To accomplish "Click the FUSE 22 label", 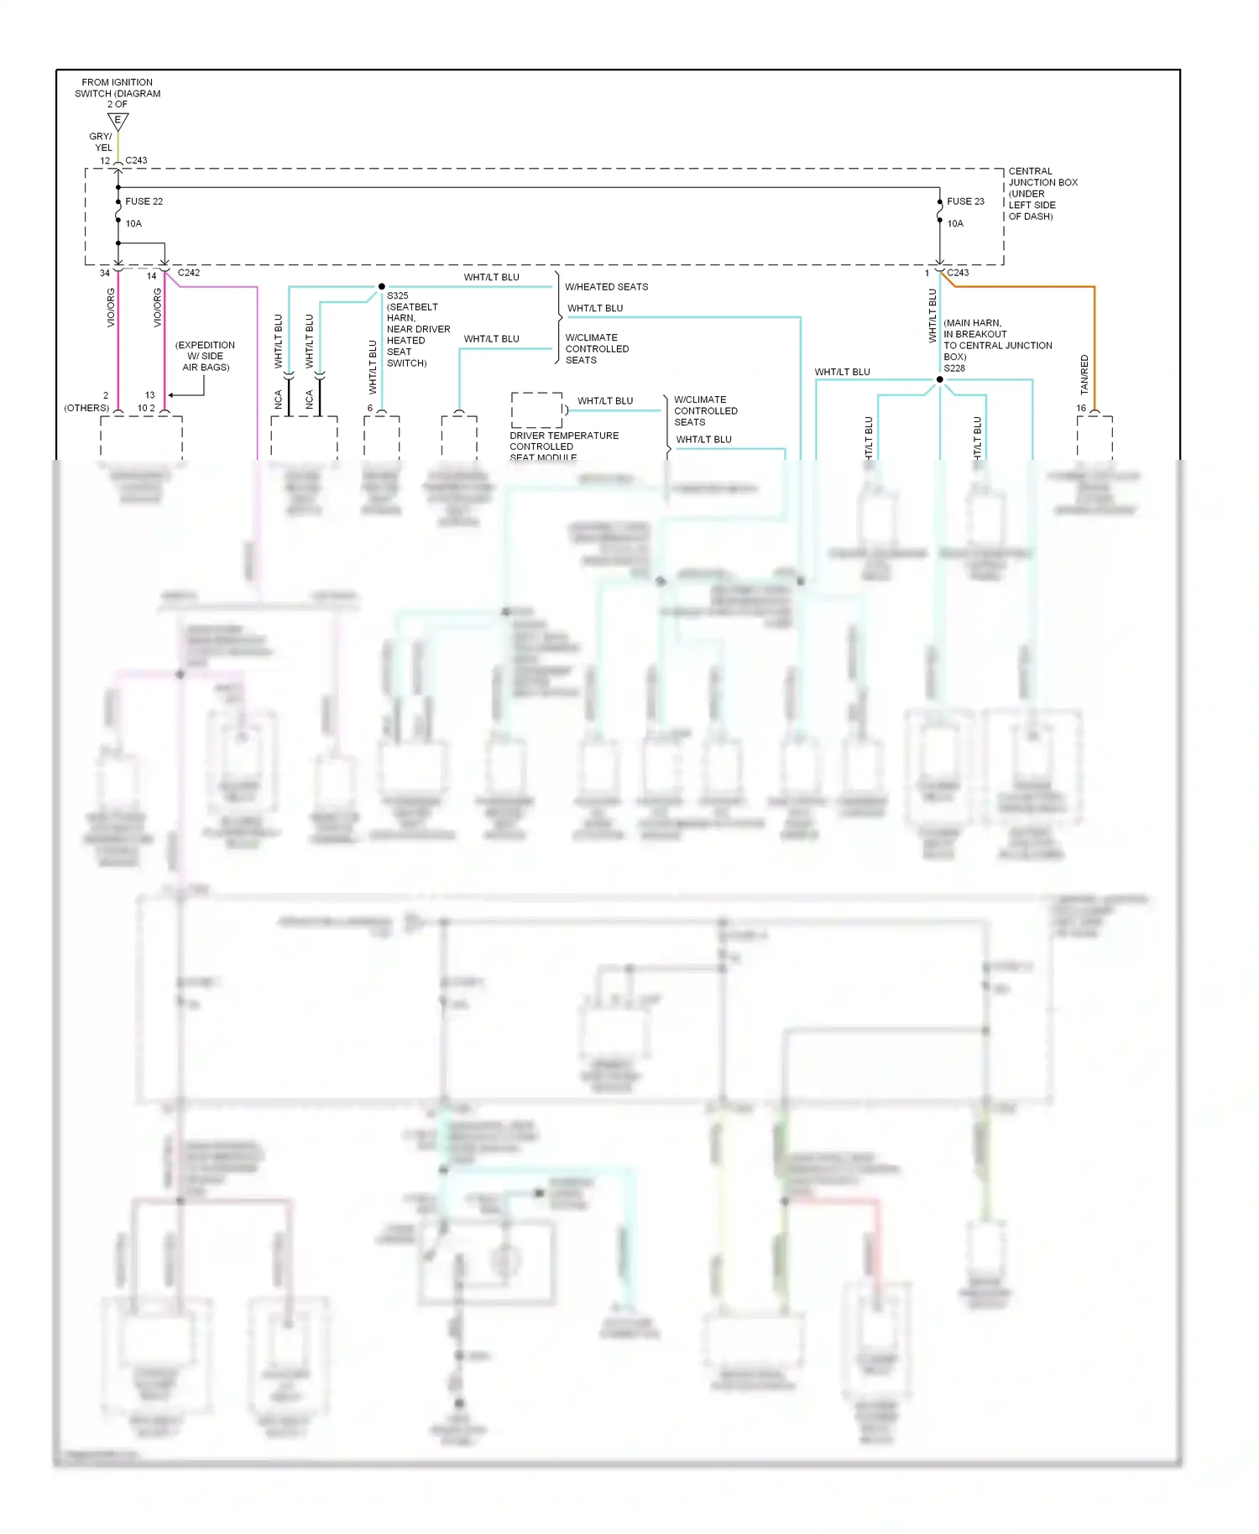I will point(144,201).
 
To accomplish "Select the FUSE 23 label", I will point(965,201).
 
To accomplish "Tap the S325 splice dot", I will point(382,287).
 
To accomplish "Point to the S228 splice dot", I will point(940,379).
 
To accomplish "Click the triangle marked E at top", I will point(118,122).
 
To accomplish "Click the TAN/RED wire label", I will point(1084,374).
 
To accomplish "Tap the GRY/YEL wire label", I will point(102,142).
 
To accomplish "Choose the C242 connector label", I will point(189,273).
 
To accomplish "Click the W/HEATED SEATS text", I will point(606,287).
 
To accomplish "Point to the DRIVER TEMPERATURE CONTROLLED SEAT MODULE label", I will point(563,446).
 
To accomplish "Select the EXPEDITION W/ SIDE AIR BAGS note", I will point(205,356).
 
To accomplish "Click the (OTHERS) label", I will point(86,408).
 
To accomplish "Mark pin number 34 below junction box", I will point(105,273).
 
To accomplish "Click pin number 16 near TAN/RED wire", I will point(1081,408).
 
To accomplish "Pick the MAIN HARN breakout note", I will point(996,340).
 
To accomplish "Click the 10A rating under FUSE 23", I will point(955,224).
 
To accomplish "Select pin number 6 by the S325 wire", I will point(369,408).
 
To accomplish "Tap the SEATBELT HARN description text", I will point(417,335).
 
